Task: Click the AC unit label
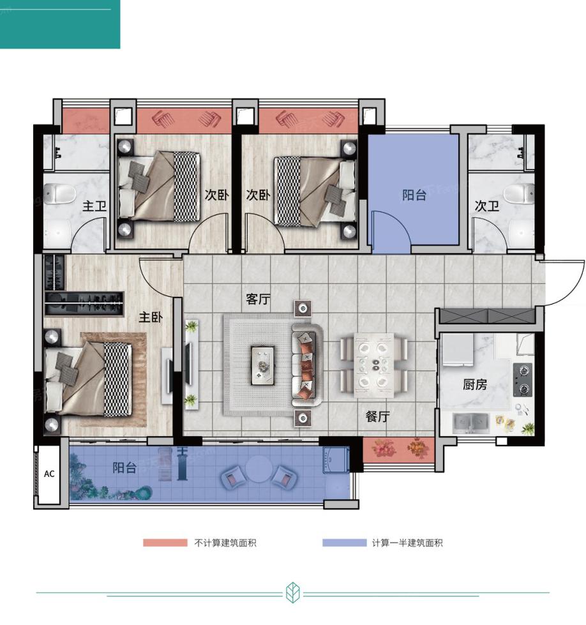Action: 49,474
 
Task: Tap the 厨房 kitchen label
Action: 474,384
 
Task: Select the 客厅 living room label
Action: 258,299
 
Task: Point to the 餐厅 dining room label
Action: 377,416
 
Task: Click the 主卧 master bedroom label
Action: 150,317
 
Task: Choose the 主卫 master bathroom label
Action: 94,206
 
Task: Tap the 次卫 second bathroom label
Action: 486,206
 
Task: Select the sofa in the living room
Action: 306,365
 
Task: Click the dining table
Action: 374,365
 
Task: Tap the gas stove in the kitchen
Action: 523,379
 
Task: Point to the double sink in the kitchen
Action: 471,423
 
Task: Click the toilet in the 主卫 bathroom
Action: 59,193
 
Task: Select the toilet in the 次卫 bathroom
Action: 519,193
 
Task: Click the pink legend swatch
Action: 165,543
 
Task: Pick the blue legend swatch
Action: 345,543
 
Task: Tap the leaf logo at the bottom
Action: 293,592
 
